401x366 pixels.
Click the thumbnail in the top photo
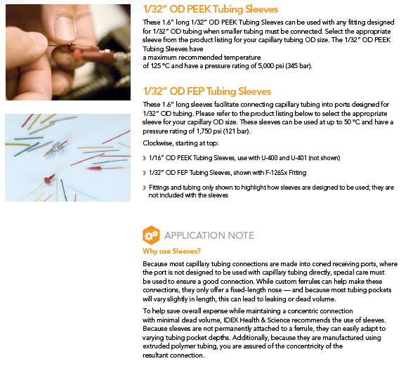65,27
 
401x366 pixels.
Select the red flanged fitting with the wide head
49,178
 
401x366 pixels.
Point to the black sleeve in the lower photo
64,190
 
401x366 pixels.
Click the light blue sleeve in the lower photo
82,192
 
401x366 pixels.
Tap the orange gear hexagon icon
151,235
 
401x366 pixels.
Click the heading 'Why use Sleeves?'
171,251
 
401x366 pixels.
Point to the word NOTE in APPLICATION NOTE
241,235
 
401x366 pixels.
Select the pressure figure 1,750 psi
209,131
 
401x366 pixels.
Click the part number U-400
269,158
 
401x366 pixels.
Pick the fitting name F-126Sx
277,173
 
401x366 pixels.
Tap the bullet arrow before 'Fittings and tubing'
145,188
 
